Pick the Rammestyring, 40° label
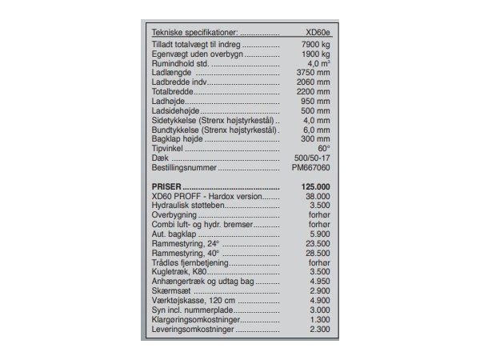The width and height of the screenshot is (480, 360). pos(185,254)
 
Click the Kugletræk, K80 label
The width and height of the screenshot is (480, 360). pos(178,273)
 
